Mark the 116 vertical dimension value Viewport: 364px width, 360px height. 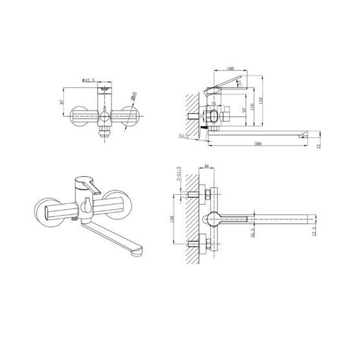(x=250, y=107)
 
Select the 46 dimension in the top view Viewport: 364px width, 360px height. (x=206, y=168)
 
